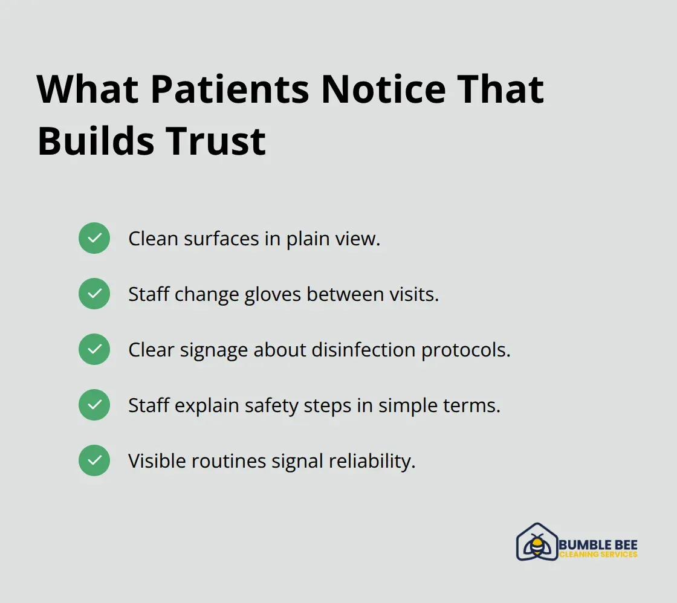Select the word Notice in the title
tap(383, 89)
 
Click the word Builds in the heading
tap(92, 141)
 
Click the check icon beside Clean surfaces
tap(94, 238)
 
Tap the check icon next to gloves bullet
tap(94, 294)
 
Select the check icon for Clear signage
tap(94, 349)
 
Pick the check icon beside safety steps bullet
tap(94, 405)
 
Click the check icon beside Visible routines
tap(94, 460)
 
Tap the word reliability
tap(372, 461)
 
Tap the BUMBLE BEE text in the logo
tap(598, 545)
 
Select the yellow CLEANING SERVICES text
tap(598, 555)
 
